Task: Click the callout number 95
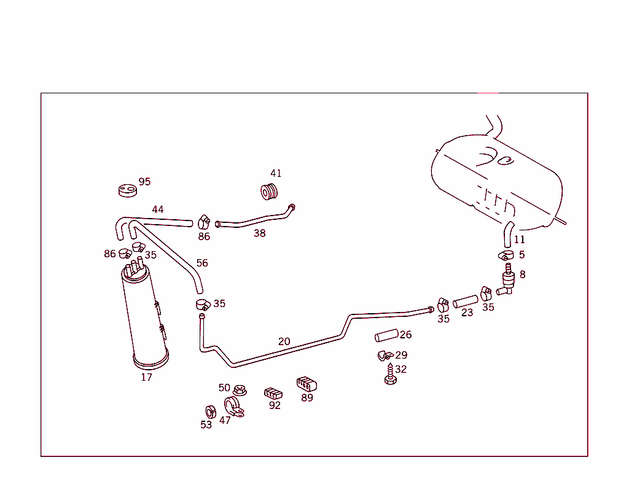tap(144, 182)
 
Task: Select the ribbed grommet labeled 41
tap(270, 192)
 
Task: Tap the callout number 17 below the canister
tap(146, 377)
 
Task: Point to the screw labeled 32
tap(389, 375)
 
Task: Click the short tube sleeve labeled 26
tap(386, 337)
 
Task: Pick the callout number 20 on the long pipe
tap(284, 341)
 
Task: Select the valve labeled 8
tap(507, 279)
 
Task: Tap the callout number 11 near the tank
tap(520, 240)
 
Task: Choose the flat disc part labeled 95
tap(127, 190)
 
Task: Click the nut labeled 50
tap(240, 390)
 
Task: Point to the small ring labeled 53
tap(209, 411)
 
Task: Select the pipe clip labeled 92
tap(273, 392)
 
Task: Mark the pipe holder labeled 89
tap(306, 384)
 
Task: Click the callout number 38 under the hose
tap(260, 233)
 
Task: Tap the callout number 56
tap(202, 263)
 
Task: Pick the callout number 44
tap(158, 209)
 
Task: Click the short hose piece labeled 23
tap(465, 302)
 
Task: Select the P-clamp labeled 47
tap(234, 407)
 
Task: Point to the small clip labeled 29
tap(384, 356)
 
